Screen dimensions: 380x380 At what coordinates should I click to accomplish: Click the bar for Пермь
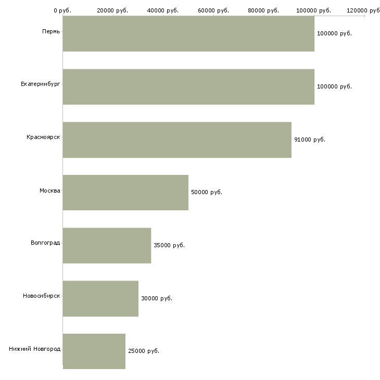click(x=188, y=34)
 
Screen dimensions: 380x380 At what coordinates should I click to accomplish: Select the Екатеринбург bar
click(x=188, y=87)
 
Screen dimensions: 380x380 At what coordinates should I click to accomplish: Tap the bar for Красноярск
click(x=177, y=140)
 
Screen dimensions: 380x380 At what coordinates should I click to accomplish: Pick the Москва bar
click(x=125, y=193)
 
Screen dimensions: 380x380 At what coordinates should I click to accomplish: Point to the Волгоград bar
click(x=107, y=246)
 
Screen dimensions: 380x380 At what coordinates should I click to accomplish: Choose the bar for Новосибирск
click(x=100, y=299)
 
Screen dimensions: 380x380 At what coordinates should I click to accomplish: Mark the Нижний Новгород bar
click(x=94, y=351)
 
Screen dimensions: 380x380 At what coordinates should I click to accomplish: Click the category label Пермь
click(x=51, y=32)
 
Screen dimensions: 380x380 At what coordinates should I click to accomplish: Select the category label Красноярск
click(x=43, y=137)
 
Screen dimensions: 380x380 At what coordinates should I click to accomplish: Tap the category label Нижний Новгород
click(x=35, y=349)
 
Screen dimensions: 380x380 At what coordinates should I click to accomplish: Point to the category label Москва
click(x=49, y=191)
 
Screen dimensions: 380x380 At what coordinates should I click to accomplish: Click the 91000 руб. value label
click(x=310, y=140)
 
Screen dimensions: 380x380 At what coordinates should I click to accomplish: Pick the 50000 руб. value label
click(x=207, y=192)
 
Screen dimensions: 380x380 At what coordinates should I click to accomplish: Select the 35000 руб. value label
click(x=169, y=245)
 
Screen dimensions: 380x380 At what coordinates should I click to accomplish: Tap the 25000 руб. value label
click(x=144, y=351)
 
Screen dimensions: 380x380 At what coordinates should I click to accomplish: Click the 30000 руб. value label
click(x=157, y=298)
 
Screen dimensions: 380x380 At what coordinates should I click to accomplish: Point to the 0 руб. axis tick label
click(x=62, y=10)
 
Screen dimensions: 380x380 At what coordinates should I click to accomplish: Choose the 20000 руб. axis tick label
click(x=112, y=10)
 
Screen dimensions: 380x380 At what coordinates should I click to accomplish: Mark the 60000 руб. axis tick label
click(x=213, y=10)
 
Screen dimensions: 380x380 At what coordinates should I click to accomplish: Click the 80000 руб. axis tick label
click(x=263, y=10)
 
